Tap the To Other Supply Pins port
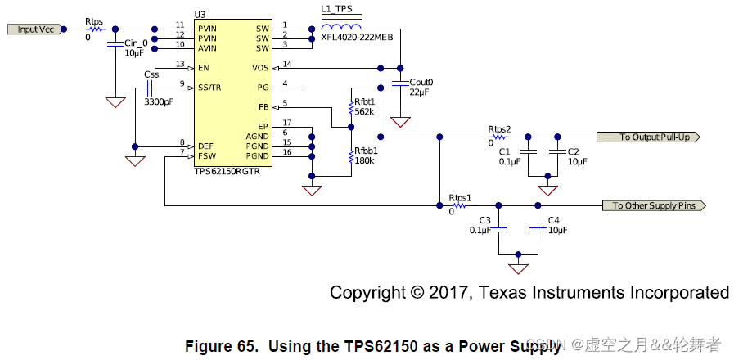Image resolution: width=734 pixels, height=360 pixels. coord(653,205)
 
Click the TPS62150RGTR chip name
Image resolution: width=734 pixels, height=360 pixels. coord(228,172)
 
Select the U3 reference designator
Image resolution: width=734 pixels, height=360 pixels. coord(200,15)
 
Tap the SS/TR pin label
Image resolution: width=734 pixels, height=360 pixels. coord(210,86)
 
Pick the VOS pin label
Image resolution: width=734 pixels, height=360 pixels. coord(260,68)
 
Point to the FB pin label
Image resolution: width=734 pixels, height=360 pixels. coord(263,107)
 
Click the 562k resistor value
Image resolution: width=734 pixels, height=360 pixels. coord(364,112)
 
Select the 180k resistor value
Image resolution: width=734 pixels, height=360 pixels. coord(364,161)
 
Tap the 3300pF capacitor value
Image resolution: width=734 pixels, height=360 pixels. coord(158,102)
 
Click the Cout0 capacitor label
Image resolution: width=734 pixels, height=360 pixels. coord(421,83)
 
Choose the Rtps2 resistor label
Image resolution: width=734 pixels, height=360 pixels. coord(499,129)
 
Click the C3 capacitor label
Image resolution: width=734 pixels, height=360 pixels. coord(484,221)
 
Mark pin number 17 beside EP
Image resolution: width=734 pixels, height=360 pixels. coord(286,123)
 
